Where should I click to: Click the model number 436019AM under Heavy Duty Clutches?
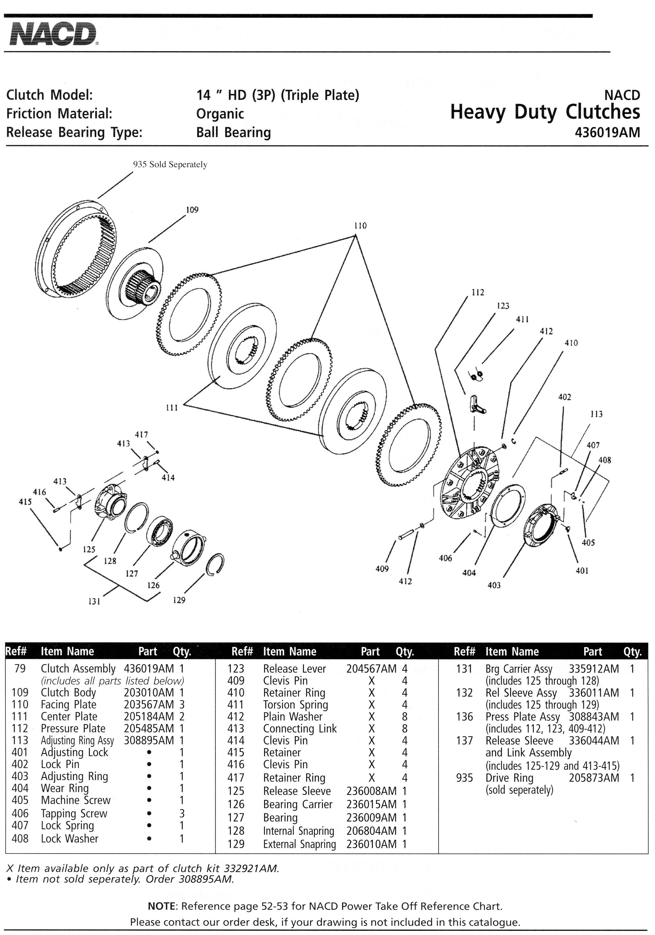pyautogui.click(x=607, y=133)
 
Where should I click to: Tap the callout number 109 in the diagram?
pyautogui.click(x=192, y=210)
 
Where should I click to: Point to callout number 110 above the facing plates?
pyautogui.click(x=360, y=226)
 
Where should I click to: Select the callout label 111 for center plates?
pyautogui.click(x=171, y=408)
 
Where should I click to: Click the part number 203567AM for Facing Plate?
pyautogui.click(x=149, y=705)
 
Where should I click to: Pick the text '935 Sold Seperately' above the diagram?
pyautogui.click(x=170, y=165)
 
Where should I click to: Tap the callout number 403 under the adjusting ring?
pyautogui.click(x=494, y=586)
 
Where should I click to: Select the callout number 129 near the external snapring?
pyautogui.click(x=179, y=600)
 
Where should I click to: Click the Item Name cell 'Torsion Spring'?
pyautogui.click(x=295, y=705)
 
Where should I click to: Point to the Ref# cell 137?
pyautogui.click(x=464, y=741)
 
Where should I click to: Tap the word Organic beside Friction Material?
pyautogui.click(x=220, y=114)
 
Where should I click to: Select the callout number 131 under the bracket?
pyautogui.click(x=94, y=602)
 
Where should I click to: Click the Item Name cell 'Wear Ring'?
pyautogui.click(x=65, y=789)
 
